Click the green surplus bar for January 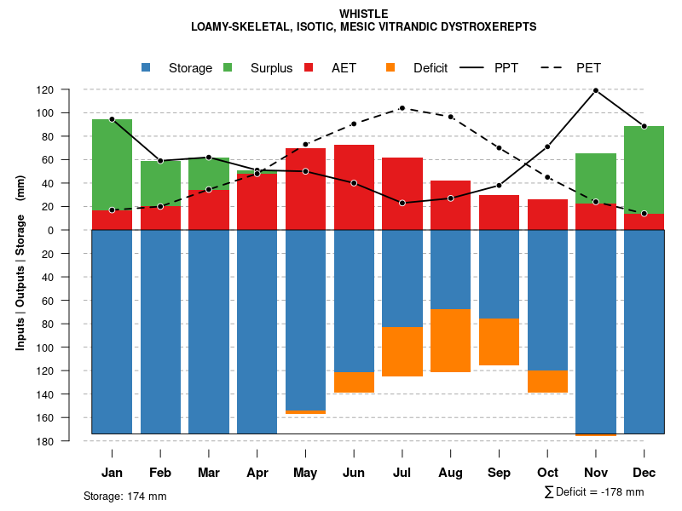112,164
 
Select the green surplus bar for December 644,169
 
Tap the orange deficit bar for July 402,352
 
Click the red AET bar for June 354,187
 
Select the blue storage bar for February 160,332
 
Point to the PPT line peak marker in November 596,90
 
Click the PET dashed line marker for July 402,108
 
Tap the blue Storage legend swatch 147,68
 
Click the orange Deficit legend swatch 391,68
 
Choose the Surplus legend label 271,68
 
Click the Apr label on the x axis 257,473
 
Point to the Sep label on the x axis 499,473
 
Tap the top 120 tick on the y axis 70,89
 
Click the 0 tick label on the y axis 74,230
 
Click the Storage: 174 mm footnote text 124,496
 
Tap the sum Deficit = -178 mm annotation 594,492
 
